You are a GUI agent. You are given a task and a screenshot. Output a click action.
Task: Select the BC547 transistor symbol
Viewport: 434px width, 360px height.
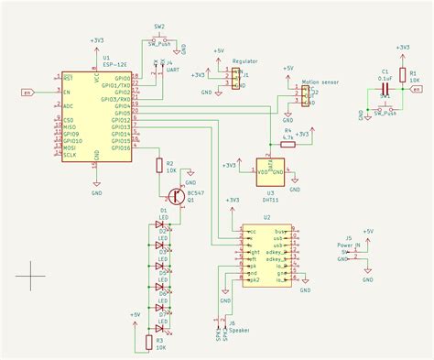tap(173, 195)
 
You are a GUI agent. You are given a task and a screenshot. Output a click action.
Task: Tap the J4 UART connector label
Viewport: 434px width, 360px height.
tap(168, 63)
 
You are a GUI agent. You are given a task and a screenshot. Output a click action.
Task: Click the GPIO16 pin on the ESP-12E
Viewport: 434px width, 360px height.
tap(121, 147)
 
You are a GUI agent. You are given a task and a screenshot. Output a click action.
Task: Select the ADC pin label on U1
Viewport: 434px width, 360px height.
tap(69, 105)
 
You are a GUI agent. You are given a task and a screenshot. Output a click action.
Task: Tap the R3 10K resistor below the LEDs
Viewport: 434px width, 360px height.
tap(149, 342)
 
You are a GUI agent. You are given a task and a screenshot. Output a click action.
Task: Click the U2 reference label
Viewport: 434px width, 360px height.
tap(266, 217)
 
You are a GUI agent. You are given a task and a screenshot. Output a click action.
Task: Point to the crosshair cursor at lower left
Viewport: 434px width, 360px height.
tap(30, 271)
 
